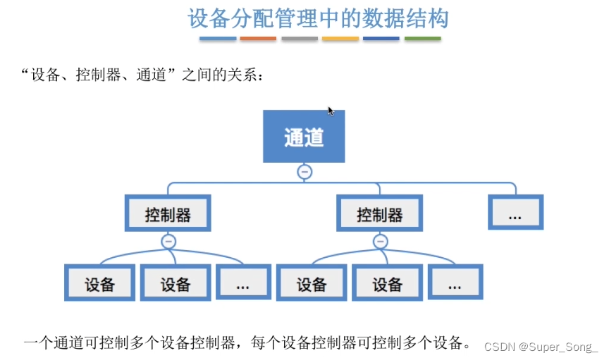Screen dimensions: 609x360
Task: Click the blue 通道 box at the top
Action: coord(304,136)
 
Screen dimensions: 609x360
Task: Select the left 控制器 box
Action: coord(168,214)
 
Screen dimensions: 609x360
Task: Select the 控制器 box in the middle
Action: coord(380,214)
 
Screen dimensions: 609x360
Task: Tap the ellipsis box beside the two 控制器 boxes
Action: coord(515,213)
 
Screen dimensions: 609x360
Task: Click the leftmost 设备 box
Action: coord(99,283)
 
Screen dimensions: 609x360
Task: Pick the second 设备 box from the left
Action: coord(176,283)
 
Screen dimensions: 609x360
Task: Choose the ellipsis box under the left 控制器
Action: coord(243,283)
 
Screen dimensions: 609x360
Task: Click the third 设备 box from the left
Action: coord(311,283)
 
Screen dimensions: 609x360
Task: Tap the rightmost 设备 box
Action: coord(387,283)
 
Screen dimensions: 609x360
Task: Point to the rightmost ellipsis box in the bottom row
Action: coord(455,283)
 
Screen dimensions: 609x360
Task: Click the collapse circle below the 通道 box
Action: coord(304,171)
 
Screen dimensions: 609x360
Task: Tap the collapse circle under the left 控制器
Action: coord(168,242)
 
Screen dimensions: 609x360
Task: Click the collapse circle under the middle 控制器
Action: coord(381,242)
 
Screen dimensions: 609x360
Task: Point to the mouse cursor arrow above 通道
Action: coord(331,111)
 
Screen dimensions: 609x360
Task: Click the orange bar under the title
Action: coord(258,39)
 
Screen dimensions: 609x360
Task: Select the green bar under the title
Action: coord(423,39)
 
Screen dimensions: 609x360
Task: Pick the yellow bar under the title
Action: coord(340,39)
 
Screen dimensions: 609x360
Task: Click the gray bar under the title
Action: coord(300,39)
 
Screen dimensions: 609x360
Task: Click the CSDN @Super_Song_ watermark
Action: coord(541,347)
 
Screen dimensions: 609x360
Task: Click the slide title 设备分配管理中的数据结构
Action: coord(318,18)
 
